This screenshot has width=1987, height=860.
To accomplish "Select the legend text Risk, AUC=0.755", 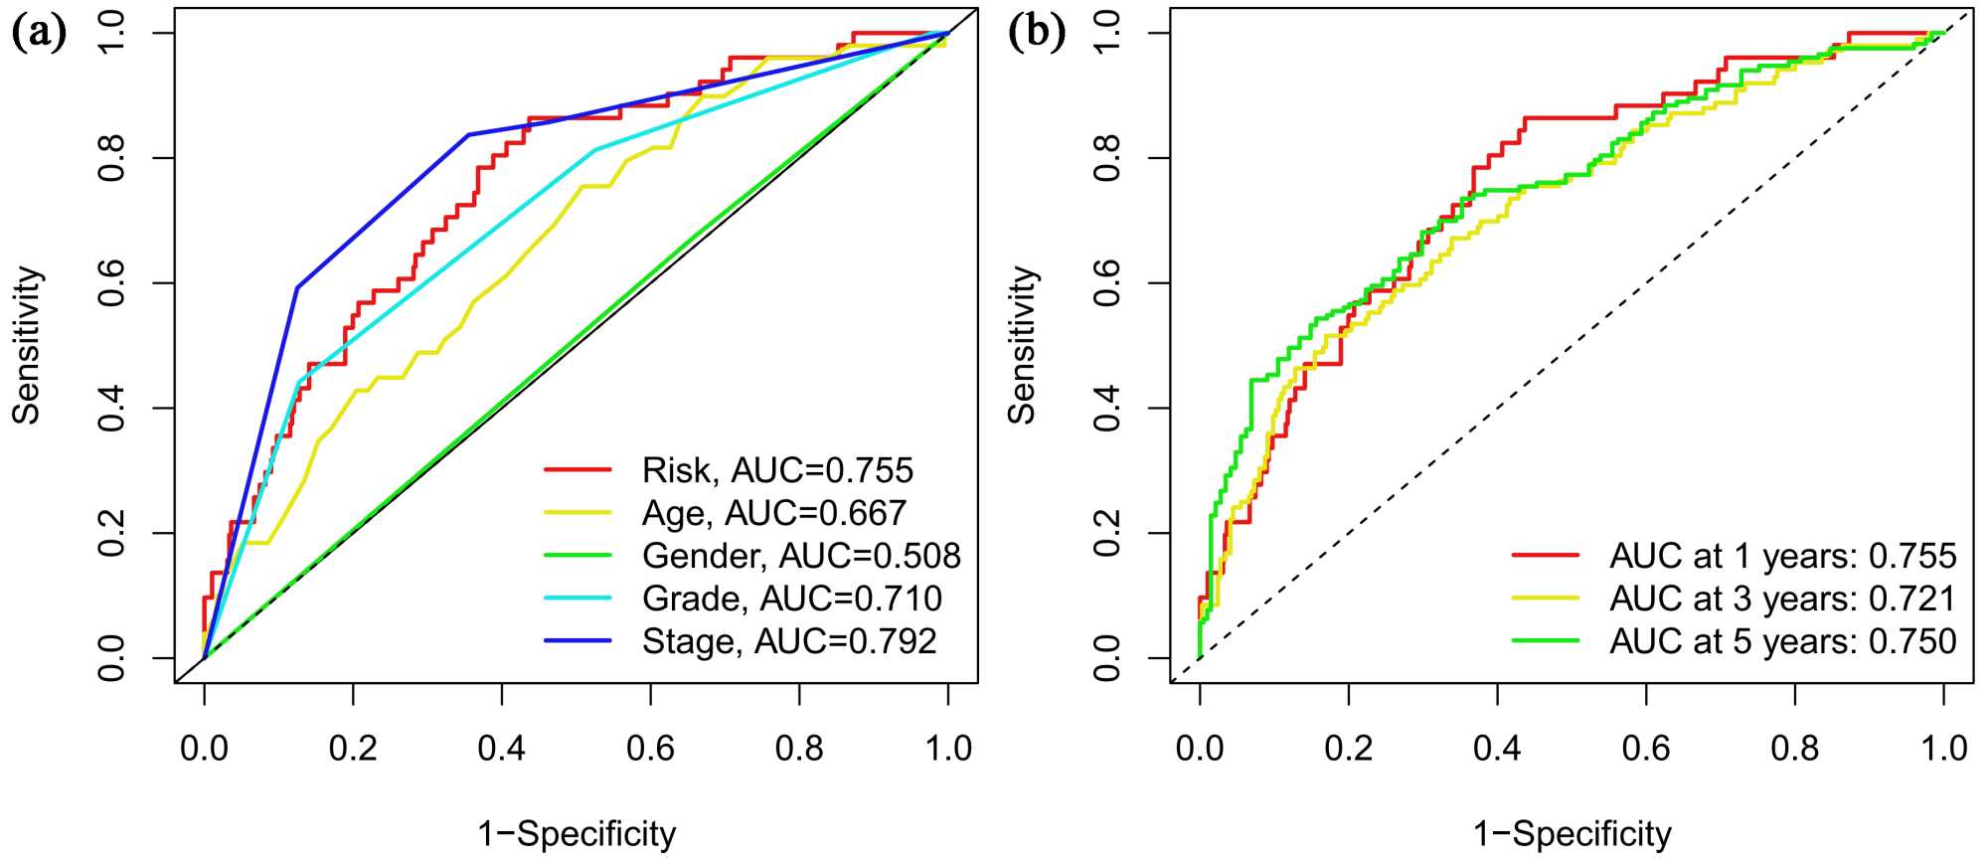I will pyautogui.click(x=777, y=470).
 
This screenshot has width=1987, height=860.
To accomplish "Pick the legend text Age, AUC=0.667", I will pyautogui.click(x=774, y=513).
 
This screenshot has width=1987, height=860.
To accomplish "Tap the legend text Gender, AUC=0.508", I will pyautogui.click(x=801, y=556).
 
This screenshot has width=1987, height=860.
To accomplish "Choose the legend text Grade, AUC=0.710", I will pyautogui.click(x=792, y=599).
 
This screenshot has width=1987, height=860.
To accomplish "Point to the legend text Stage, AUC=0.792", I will pyautogui.click(x=789, y=641).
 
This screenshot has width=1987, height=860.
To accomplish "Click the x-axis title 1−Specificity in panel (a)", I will pyautogui.click(x=577, y=833).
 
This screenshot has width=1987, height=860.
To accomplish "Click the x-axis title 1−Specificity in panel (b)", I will pyautogui.click(x=1572, y=833).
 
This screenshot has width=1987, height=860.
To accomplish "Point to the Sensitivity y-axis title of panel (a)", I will pyautogui.click(x=27, y=345).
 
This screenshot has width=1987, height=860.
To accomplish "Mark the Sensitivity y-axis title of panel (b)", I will pyautogui.click(x=1022, y=345).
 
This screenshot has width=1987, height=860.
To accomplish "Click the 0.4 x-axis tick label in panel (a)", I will pyautogui.click(x=501, y=748).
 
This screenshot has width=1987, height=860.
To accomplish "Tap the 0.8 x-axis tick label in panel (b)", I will pyautogui.click(x=1794, y=748).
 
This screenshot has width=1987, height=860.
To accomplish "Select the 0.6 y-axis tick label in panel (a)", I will pyautogui.click(x=111, y=283).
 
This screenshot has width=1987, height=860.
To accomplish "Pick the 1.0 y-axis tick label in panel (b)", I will pyautogui.click(x=1106, y=33).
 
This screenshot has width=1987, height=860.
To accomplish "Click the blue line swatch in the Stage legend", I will pyautogui.click(x=578, y=641).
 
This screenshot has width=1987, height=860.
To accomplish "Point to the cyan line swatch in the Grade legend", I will pyautogui.click(x=578, y=599).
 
